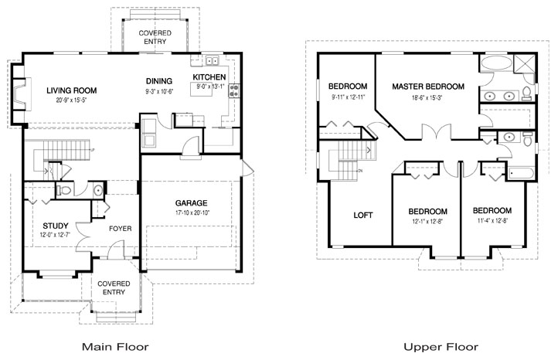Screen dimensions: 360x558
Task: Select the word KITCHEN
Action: click(209, 78)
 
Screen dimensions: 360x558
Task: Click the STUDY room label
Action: click(46, 226)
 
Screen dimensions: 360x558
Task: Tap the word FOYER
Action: click(119, 228)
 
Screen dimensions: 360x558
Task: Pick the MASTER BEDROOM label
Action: click(427, 87)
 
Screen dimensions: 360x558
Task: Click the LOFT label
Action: click(363, 215)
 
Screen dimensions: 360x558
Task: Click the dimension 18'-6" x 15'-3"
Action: click(427, 97)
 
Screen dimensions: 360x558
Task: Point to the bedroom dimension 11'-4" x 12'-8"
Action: click(492, 221)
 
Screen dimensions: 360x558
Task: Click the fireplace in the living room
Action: click(18, 95)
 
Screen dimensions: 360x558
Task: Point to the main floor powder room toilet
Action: click(66, 189)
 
